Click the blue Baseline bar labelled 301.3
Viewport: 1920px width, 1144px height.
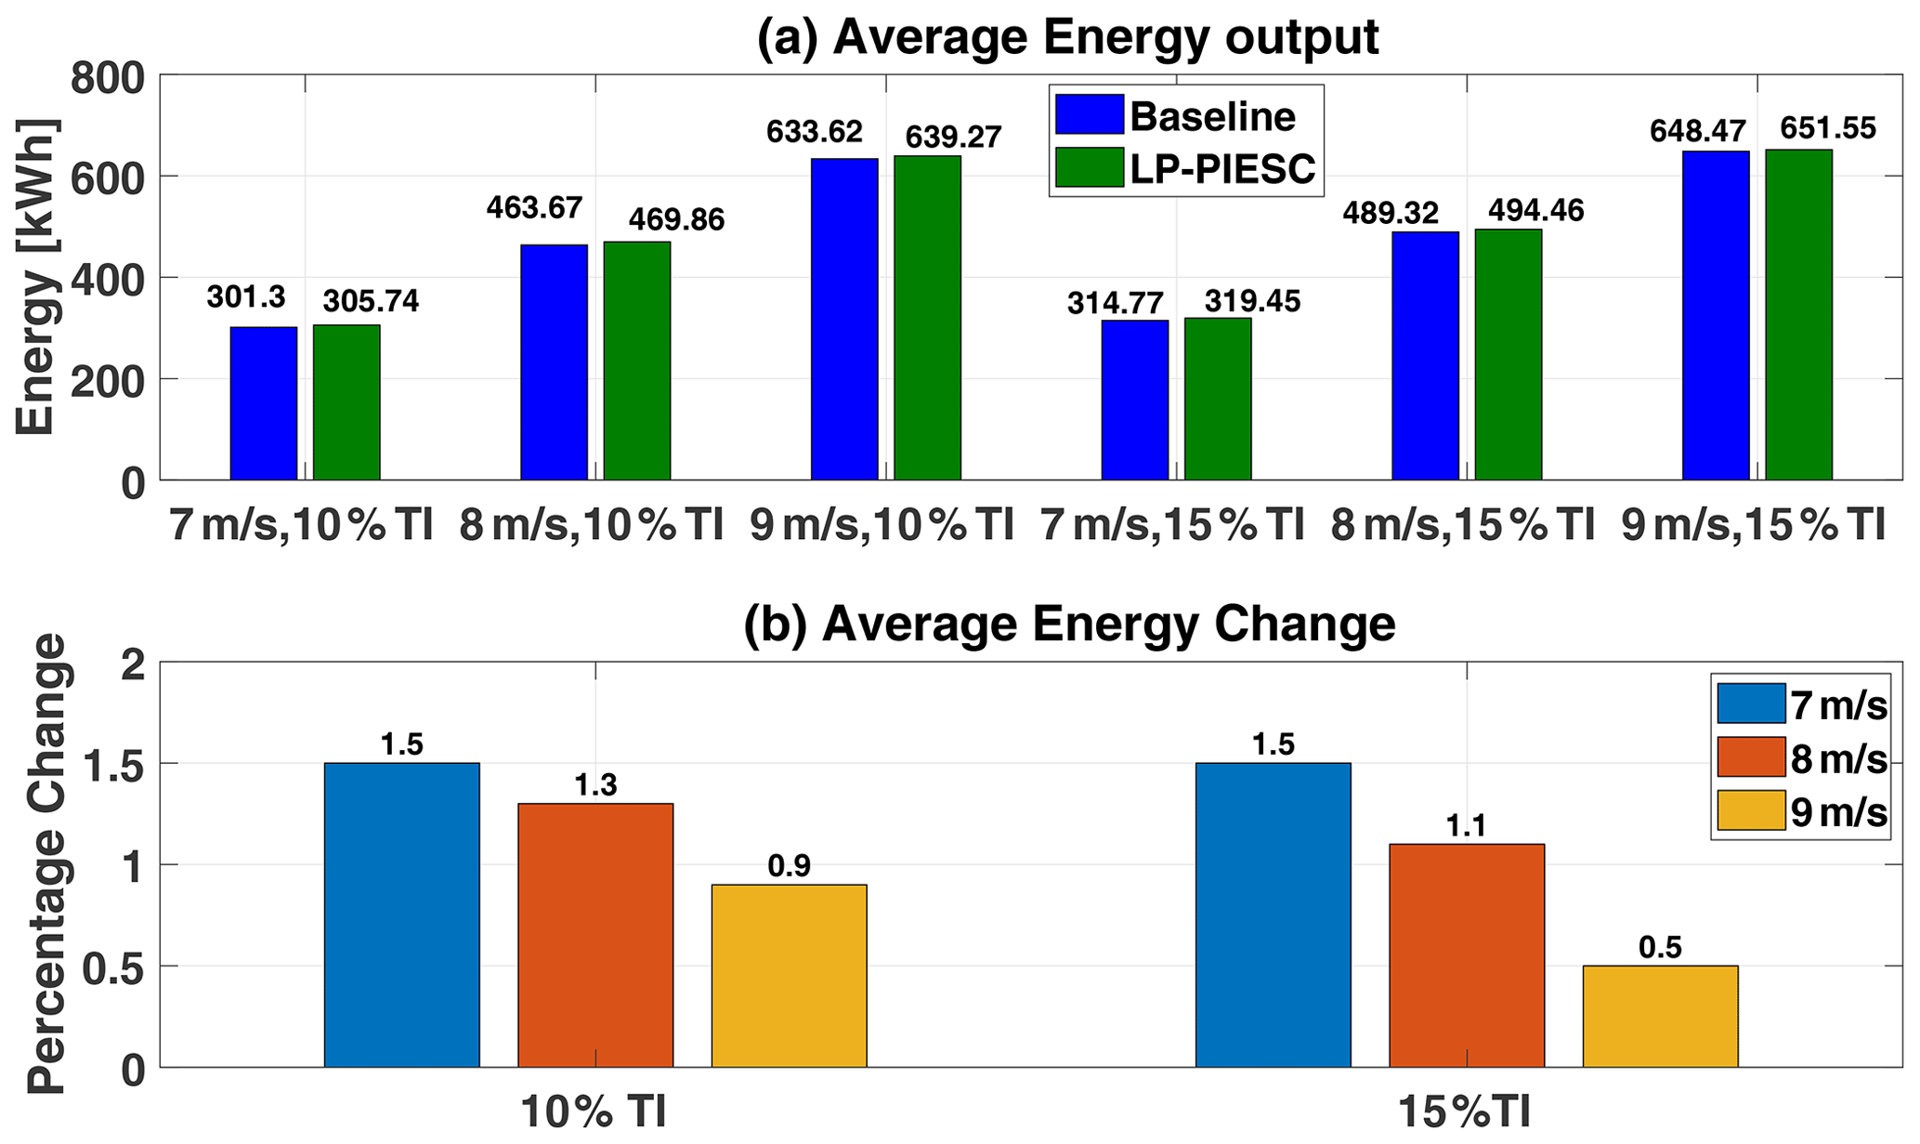[264, 403]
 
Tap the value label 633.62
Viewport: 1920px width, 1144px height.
[815, 132]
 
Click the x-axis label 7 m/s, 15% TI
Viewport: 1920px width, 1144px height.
[1172, 525]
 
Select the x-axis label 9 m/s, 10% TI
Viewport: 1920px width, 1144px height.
[882, 525]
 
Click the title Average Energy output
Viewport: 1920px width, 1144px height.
[1068, 37]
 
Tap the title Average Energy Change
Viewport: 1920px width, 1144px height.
[1069, 624]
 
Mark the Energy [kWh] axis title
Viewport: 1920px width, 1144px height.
[37, 277]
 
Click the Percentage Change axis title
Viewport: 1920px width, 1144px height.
[46, 864]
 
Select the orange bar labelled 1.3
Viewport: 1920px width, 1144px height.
[595, 935]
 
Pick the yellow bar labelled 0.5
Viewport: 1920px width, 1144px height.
[1660, 1016]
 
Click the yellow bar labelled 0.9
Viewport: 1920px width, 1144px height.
[789, 976]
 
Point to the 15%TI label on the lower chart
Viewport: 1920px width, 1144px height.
[1465, 1112]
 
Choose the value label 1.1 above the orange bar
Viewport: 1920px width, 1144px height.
[1466, 825]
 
